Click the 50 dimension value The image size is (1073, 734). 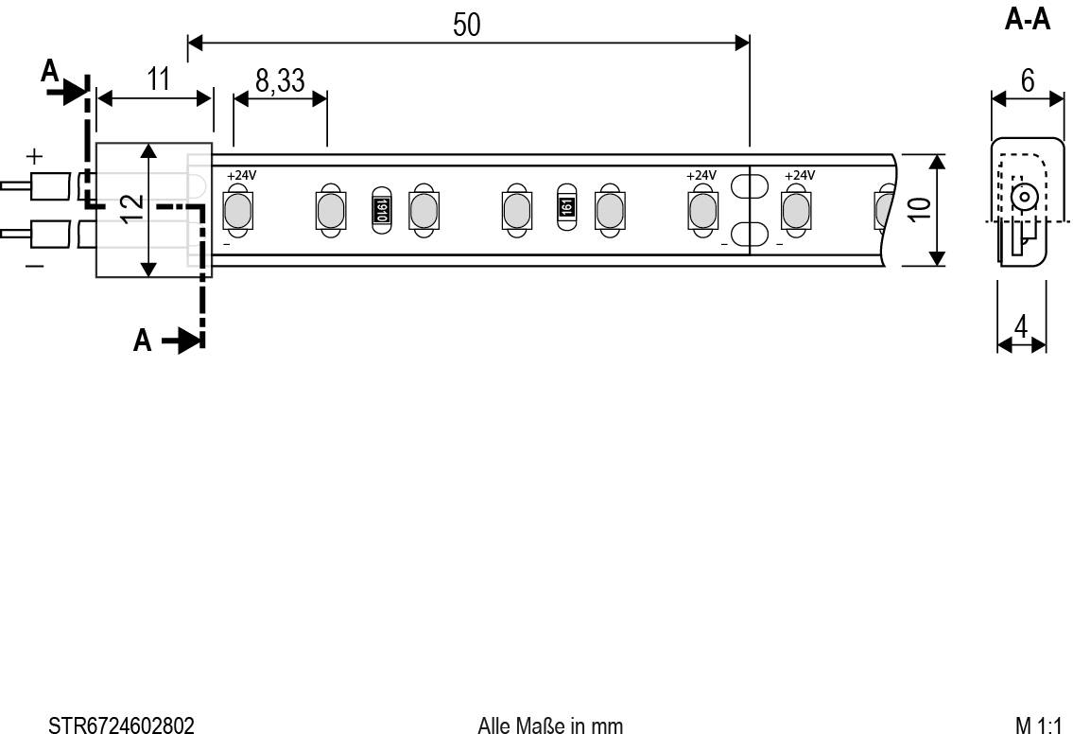(x=466, y=26)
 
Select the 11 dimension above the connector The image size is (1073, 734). (x=158, y=79)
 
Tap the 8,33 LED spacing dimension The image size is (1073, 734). (x=280, y=81)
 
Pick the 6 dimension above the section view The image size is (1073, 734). (x=1028, y=80)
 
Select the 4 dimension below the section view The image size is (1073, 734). (x=1021, y=326)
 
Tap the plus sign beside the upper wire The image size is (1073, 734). (x=34, y=155)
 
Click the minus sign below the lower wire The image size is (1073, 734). (x=34, y=268)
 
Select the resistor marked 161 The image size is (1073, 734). (x=565, y=207)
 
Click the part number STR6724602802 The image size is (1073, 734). (x=121, y=725)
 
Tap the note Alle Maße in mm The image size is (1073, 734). (x=550, y=725)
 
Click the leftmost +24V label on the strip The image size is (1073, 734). (x=241, y=175)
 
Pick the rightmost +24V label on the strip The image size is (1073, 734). (x=800, y=175)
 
